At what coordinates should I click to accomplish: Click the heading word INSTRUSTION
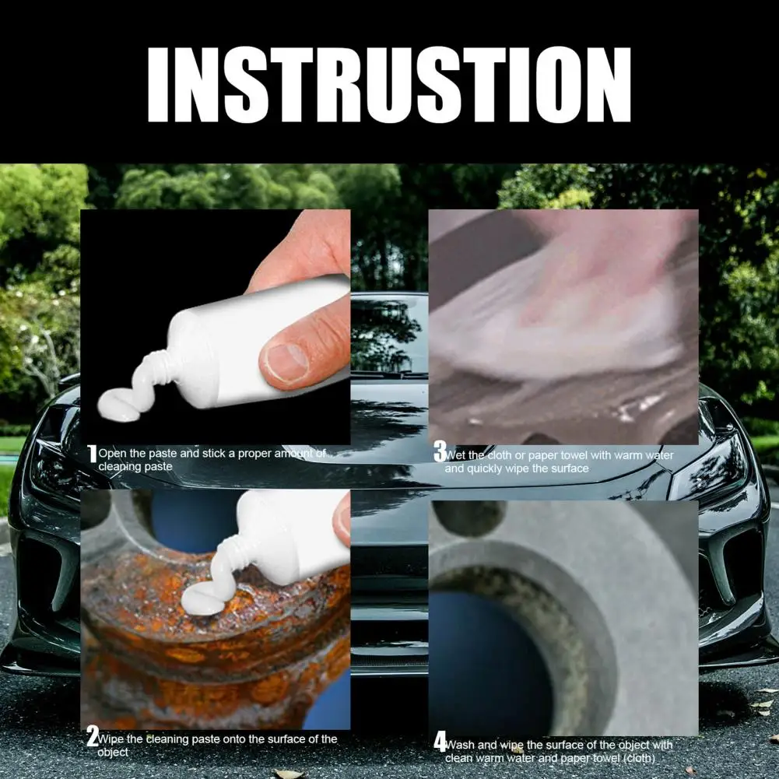[389, 85]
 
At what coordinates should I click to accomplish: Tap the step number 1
[92, 454]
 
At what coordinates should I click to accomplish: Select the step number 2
[93, 735]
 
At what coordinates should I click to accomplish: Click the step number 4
[440, 742]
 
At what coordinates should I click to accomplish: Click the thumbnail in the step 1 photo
[285, 363]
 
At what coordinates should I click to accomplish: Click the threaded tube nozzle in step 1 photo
[154, 367]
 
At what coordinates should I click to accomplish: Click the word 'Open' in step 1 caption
[112, 454]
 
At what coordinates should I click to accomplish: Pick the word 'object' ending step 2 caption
[113, 753]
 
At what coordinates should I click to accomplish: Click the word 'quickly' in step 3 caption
[484, 469]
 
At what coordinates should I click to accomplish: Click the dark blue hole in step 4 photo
[490, 656]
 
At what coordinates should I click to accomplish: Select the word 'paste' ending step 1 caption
[159, 467]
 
